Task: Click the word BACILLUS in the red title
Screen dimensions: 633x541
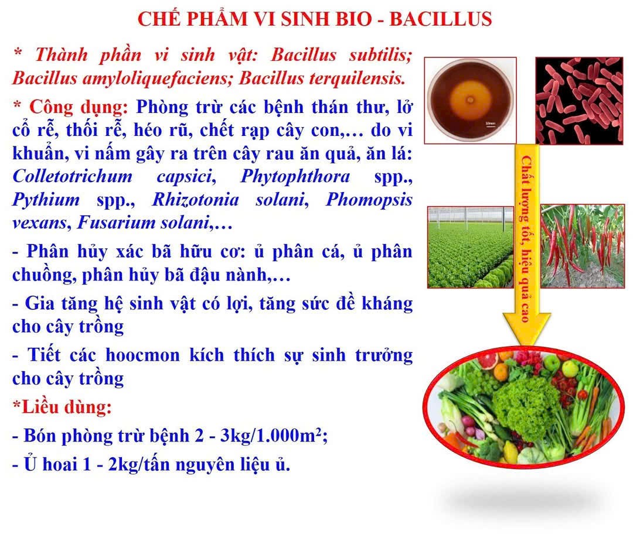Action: coord(440,19)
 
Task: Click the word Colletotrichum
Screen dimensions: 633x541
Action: coord(72,176)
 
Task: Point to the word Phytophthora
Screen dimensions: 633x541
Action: coord(295,177)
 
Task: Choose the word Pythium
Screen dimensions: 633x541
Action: coord(46,200)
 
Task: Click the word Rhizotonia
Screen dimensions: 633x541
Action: coord(195,200)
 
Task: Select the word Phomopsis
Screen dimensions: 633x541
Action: coord(369,200)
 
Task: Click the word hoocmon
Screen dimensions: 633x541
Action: coord(142,355)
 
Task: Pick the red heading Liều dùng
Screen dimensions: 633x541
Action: coord(63,407)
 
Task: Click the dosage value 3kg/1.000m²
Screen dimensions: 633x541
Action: coord(273,436)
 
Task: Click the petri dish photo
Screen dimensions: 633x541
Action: coord(470,100)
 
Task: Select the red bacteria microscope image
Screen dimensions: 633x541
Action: coord(579,101)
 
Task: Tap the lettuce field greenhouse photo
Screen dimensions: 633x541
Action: coord(470,246)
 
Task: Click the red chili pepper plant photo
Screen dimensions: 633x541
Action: coord(583,246)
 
